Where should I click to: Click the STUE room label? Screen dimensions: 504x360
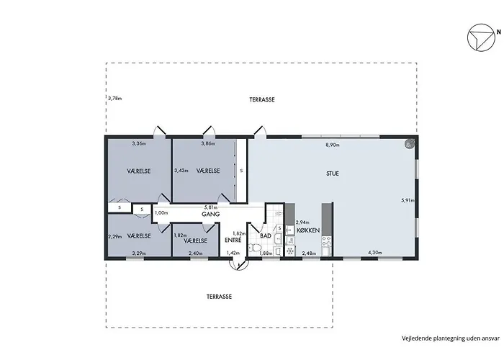pyautogui.click(x=333, y=174)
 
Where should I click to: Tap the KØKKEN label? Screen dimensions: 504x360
pyautogui.click(x=308, y=230)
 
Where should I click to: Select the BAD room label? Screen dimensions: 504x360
pyautogui.click(x=266, y=236)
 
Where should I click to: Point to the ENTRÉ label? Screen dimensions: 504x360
pyautogui.click(x=233, y=240)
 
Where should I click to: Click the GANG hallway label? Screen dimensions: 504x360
pyautogui.click(x=210, y=214)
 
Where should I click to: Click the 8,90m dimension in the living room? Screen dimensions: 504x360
pyautogui.click(x=333, y=145)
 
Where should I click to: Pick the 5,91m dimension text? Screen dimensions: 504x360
pyautogui.click(x=408, y=200)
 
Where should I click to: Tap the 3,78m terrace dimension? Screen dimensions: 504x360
pyautogui.click(x=114, y=99)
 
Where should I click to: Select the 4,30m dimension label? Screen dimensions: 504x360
pyautogui.click(x=375, y=253)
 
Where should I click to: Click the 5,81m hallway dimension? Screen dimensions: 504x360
pyautogui.click(x=211, y=207)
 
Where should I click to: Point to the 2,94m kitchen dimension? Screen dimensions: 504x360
pyautogui.click(x=302, y=222)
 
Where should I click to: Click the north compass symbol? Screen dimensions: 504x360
pyautogui.click(x=481, y=37)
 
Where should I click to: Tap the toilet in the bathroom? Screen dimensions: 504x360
pyautogui.click(x=256, y=248)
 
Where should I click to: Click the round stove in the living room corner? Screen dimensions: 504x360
pyautogui.click(x=410, y=143)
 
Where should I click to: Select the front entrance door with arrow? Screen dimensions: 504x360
pyautogui.click(x=239, y=264)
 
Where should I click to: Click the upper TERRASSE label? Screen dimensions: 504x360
pyautogui.click(x=262, y=99)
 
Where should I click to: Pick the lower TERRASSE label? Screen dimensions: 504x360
pyautogui.click(x=219, y=297)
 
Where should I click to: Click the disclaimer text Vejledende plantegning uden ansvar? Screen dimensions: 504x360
pyautogui.click(x=451, y=338)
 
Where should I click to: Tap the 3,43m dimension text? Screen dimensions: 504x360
pyautogui.click(x=181, y=171)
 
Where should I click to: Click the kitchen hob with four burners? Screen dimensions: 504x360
pyautogui.click(x=327, y=241)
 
